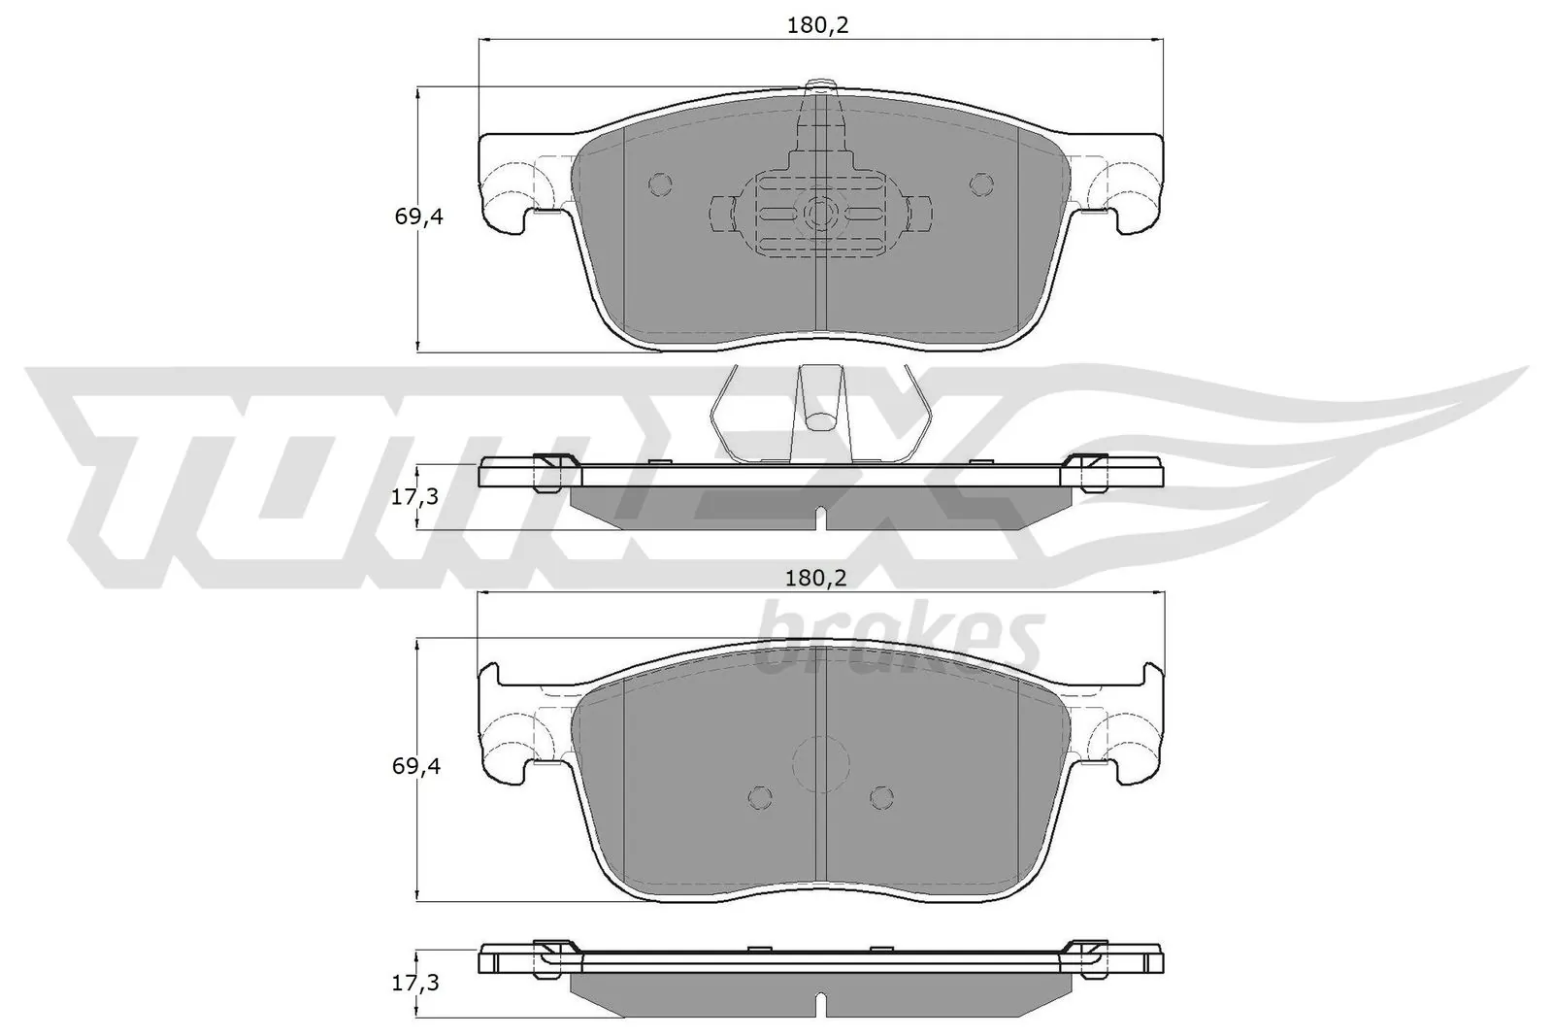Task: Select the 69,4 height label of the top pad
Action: coord(418,217)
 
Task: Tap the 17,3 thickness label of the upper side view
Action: coord(415,496)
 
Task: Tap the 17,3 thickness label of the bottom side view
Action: coord(415,984)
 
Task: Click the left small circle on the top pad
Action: coord(659,184)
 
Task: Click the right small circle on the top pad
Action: coord(982,184)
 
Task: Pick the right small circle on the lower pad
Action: coord(881,797)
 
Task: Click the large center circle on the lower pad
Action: coord(821,761)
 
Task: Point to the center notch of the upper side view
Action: coord(821,518)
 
